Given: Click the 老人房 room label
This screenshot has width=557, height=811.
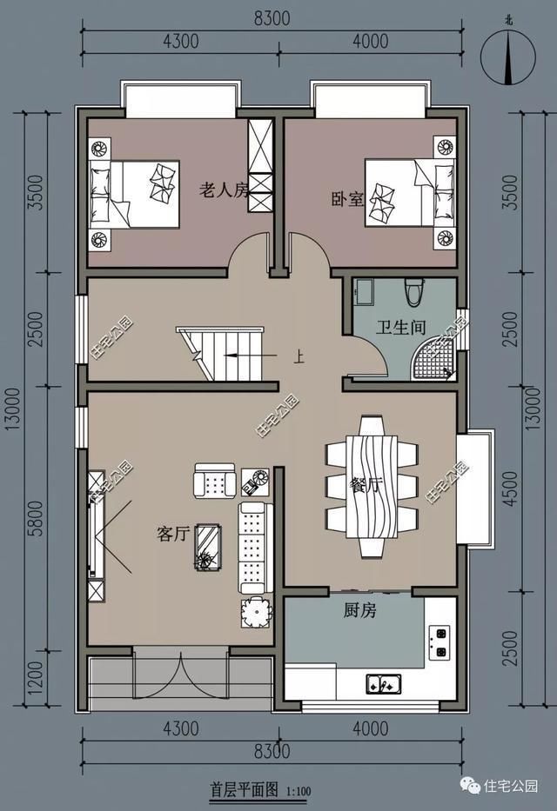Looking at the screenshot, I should click(x=224, y=190).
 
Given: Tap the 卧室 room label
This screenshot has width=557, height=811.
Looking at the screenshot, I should click(x=346, y=200).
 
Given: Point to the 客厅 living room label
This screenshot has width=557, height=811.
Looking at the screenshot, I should click(x=173, y=535).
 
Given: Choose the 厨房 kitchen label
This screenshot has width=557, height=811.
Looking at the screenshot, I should click(x=358, y=611).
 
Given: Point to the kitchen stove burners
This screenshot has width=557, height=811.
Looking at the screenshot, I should click(x=439, y=642).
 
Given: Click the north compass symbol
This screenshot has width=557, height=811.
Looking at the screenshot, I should click(x=509, y=57).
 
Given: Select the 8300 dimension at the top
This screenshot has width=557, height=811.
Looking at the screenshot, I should click(x=273, y=17).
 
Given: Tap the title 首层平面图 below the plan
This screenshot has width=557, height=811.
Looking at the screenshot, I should click(x=243, y=789).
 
